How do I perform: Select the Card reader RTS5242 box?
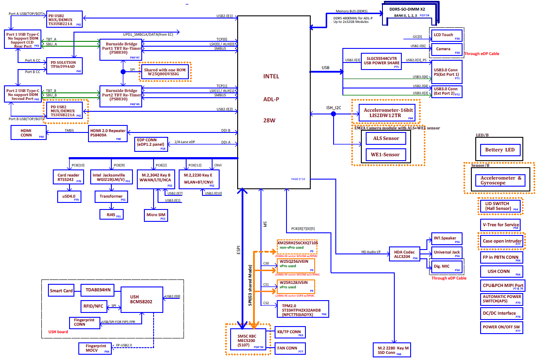coord(69,177)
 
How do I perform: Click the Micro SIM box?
coord(155,216)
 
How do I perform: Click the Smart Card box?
coord(61,290)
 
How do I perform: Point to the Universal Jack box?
coord(446,252)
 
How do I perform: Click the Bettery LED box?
coord(499,150)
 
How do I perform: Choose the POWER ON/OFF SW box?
coord(500,328)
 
